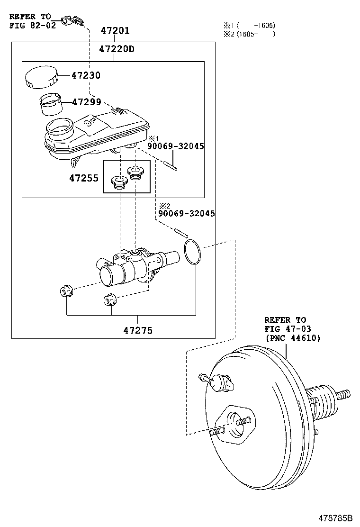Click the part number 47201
[115, 31]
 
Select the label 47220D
[117, 49]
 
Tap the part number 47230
[86, 75]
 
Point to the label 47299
[86, 102]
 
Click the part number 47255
[83, 178]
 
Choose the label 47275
[138, 330]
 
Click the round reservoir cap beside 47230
[41, 77]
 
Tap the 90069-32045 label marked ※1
[175, 146]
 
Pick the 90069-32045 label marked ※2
[186, 214]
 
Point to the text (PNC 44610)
[292, 338]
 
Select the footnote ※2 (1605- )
[249, 34]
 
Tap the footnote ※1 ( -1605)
[249, 25]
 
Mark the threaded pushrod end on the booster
[343, 394]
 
